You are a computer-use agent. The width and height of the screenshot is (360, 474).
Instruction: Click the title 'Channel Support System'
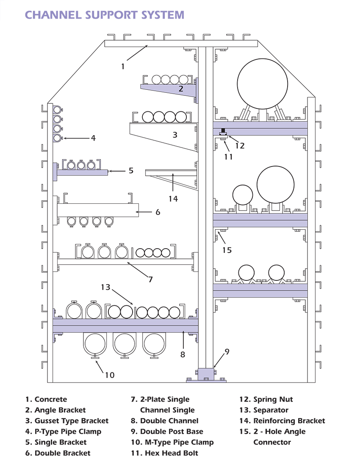(x=105, y=15)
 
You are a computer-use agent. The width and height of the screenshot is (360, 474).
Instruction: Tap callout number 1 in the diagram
(x=123, y=67)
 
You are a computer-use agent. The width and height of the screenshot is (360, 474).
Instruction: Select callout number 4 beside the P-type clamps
(x=93, y=138)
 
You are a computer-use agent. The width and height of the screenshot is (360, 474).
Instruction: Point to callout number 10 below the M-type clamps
(x=109, y=375)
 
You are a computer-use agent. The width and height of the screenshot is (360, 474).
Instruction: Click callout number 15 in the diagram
(x=227, y=250)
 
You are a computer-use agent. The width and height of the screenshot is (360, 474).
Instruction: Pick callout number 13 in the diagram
(x=105, y=288)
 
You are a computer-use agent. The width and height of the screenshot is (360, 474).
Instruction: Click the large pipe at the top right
(x=262, y=80)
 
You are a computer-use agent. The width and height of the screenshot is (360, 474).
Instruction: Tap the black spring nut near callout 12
(x=223, y=133)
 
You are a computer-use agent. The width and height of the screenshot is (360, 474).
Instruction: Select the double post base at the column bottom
(x=206, y=375)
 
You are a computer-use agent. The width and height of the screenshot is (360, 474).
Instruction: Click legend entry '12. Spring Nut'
(x=273, y=399)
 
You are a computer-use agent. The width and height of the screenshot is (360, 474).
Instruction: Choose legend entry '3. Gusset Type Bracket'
(x=67, y=421)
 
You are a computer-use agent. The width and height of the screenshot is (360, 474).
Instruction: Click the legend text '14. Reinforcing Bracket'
(x=282, y=421)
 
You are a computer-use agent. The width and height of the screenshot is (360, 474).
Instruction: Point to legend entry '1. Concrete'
(x=46, y=399)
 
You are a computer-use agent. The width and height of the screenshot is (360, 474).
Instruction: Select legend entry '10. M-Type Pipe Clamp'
(x=172, y=442)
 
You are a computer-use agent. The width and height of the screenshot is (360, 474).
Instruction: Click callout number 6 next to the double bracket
(x=158, y=212)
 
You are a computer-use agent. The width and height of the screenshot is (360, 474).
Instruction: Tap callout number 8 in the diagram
(x=183, y=355)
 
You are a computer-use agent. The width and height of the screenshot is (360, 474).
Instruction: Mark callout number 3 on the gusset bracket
(x=175, y=135)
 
